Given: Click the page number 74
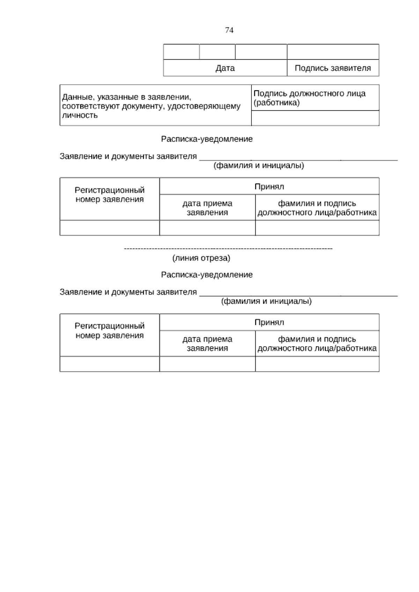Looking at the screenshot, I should [x=229, y=30].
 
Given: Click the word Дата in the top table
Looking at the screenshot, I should [x=225, y=68].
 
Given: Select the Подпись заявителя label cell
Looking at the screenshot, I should [x=332, y=68].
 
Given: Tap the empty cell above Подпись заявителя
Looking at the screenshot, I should [x=332, y=52].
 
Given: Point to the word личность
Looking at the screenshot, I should [x=80, y=116].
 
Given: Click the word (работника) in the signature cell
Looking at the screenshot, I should [x=277, y=103].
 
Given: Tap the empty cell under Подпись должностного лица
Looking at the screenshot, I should [x=315, y=118].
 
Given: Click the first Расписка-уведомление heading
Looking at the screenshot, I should [x=207, y=139].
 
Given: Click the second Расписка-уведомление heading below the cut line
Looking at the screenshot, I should [x=207, y=275].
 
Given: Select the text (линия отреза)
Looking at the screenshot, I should [x=201, y=258].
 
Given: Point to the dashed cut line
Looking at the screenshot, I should [x=228, y=249].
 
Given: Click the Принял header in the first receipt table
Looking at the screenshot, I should [x=269, y=187].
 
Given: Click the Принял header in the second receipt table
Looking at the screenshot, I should [x=269, y=323].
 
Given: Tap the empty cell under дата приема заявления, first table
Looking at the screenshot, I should [x=207, y=228].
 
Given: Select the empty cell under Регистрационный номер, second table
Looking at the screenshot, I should [x=110, y=364].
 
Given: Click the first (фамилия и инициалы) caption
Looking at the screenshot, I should [x=259, y=166].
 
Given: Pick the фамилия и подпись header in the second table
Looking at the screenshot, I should [x=317, y=344].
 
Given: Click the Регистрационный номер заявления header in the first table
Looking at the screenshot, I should [x=110, y=195].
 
